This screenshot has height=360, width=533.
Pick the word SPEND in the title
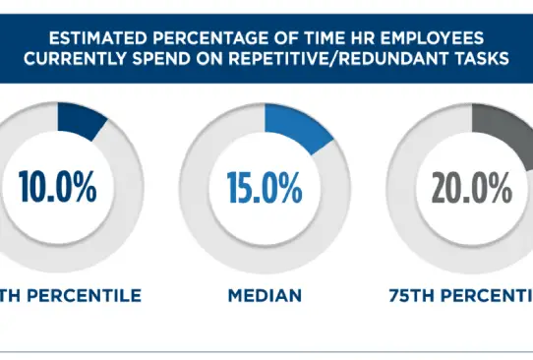(x=186, y=60)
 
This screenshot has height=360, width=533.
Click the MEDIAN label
(x=266, y=294)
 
